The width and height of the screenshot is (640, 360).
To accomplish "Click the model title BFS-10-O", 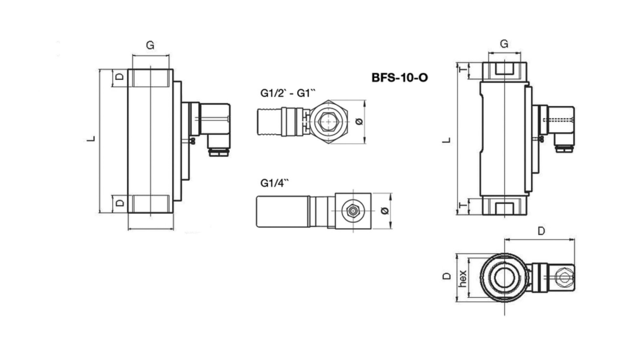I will (x=399, y=78).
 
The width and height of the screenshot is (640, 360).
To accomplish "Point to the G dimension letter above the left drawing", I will (x=150, y=46).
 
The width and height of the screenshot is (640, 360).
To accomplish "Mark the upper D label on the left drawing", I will (x=119, y=77).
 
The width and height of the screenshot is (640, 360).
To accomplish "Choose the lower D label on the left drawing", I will (x=119, y=203).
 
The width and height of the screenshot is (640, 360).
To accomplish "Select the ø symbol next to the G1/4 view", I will (x=384, y=211).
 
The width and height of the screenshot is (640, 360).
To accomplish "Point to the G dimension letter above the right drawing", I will (x=504, y=44).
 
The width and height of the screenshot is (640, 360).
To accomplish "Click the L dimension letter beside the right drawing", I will (x=446, y=140).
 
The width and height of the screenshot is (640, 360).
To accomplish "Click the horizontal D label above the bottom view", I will (x=541, y=231).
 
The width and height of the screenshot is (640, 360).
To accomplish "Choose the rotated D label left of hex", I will (x=446, y=276).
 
